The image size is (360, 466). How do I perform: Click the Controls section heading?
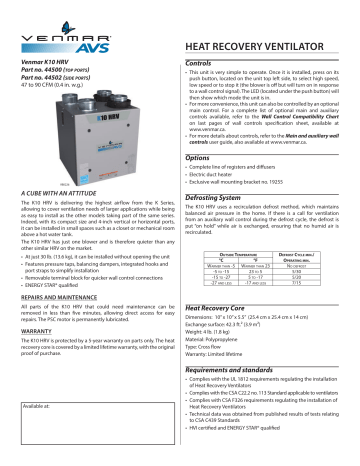tap(206, 63)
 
